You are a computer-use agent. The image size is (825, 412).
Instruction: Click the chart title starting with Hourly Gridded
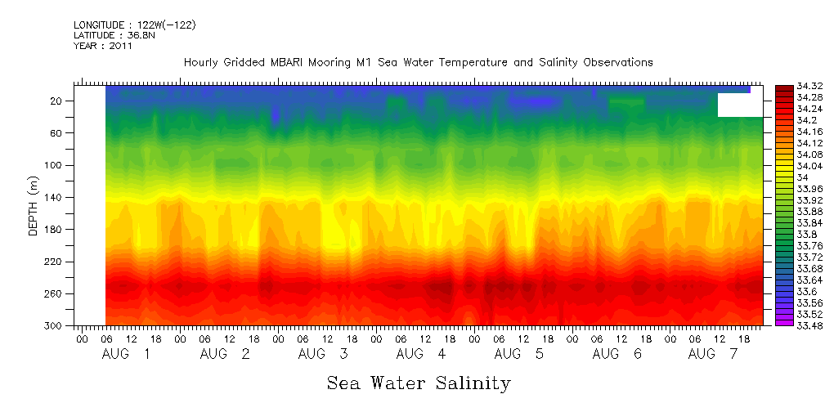pos(418,63)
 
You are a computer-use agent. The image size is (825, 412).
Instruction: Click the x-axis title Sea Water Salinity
pos(419,383)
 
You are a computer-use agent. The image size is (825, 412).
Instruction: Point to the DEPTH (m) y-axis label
pos(34,208)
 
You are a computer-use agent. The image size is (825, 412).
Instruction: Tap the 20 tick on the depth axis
pos(56,101)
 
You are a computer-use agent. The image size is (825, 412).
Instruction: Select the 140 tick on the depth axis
pos(54,197)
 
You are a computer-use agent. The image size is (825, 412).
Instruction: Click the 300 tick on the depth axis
pos(54,325)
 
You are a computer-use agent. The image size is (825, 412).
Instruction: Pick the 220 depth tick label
pos(54,262)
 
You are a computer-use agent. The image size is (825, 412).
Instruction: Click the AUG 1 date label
pos(126,354)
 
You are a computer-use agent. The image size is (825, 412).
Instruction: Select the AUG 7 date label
pos(714,354)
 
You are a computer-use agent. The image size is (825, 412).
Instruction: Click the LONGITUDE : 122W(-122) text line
pos(134,25)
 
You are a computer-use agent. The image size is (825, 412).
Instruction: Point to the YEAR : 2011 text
pos(102,46)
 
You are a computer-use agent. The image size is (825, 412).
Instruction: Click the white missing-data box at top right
pos(740,105)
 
